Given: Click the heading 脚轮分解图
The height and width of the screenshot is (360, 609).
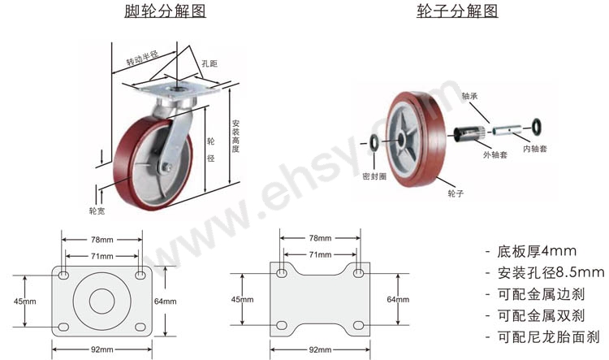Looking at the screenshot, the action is click(165, 11).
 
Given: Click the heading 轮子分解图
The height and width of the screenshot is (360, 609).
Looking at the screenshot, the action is click(457, 11).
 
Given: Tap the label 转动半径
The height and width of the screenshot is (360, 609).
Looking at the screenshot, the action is click(142, 59).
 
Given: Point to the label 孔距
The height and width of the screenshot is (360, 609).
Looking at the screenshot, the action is click(209, 63).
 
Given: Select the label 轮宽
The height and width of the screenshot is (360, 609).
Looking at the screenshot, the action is click(97, 210).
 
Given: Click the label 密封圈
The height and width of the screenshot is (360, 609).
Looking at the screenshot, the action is click(374, 176).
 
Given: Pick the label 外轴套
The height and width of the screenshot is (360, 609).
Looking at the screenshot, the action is click(495, 154).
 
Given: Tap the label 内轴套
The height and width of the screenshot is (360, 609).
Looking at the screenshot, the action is click(535, 149).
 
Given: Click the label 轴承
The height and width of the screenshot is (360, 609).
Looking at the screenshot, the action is click(469, 96).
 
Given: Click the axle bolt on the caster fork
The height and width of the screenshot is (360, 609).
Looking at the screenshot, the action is click(167, 167).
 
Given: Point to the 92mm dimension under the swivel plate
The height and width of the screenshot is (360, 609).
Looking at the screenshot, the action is click(102, 349).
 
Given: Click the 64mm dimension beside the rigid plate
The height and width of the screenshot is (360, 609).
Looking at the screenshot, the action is click(398, 299).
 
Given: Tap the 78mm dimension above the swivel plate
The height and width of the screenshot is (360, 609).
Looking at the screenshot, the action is click(102, 240).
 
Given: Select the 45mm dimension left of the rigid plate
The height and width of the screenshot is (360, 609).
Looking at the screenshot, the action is click(242, 299).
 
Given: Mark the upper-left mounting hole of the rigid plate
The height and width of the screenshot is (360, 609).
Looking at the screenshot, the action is click(282, 273).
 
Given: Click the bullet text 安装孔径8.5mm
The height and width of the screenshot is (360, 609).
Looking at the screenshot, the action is click(551, 273).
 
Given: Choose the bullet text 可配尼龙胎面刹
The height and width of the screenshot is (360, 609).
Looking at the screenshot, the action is click(548, 336).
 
